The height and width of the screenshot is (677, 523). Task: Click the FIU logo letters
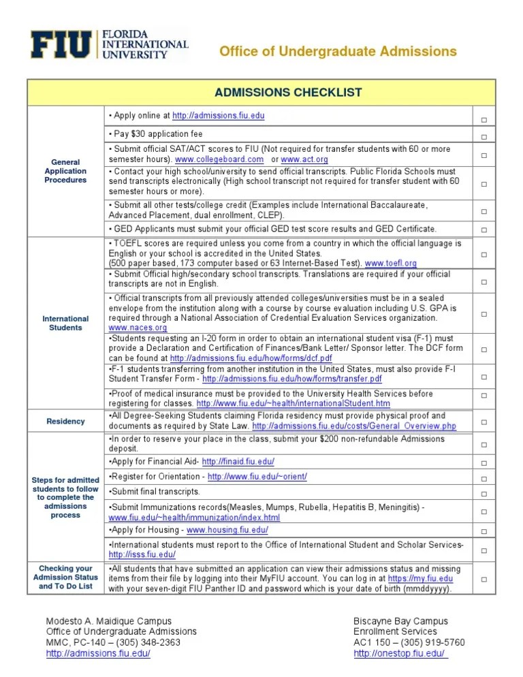coord(61,46)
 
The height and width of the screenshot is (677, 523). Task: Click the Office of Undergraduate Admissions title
coord(337,52)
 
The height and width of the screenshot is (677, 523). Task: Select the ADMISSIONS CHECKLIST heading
coord(288,93)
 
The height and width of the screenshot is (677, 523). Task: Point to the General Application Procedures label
coord(65,171)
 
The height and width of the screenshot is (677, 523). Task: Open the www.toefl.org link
coord(391,263)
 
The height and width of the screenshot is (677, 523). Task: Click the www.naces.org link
coord(138,328)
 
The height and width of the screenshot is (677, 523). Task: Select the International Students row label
coord(65,323)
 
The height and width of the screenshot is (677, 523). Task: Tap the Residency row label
coord(65,421)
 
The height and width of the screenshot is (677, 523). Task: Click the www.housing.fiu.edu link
coord(227,530)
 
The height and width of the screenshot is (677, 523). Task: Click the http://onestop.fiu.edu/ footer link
coord(400,653)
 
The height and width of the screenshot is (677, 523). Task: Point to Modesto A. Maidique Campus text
coord(108,620)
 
